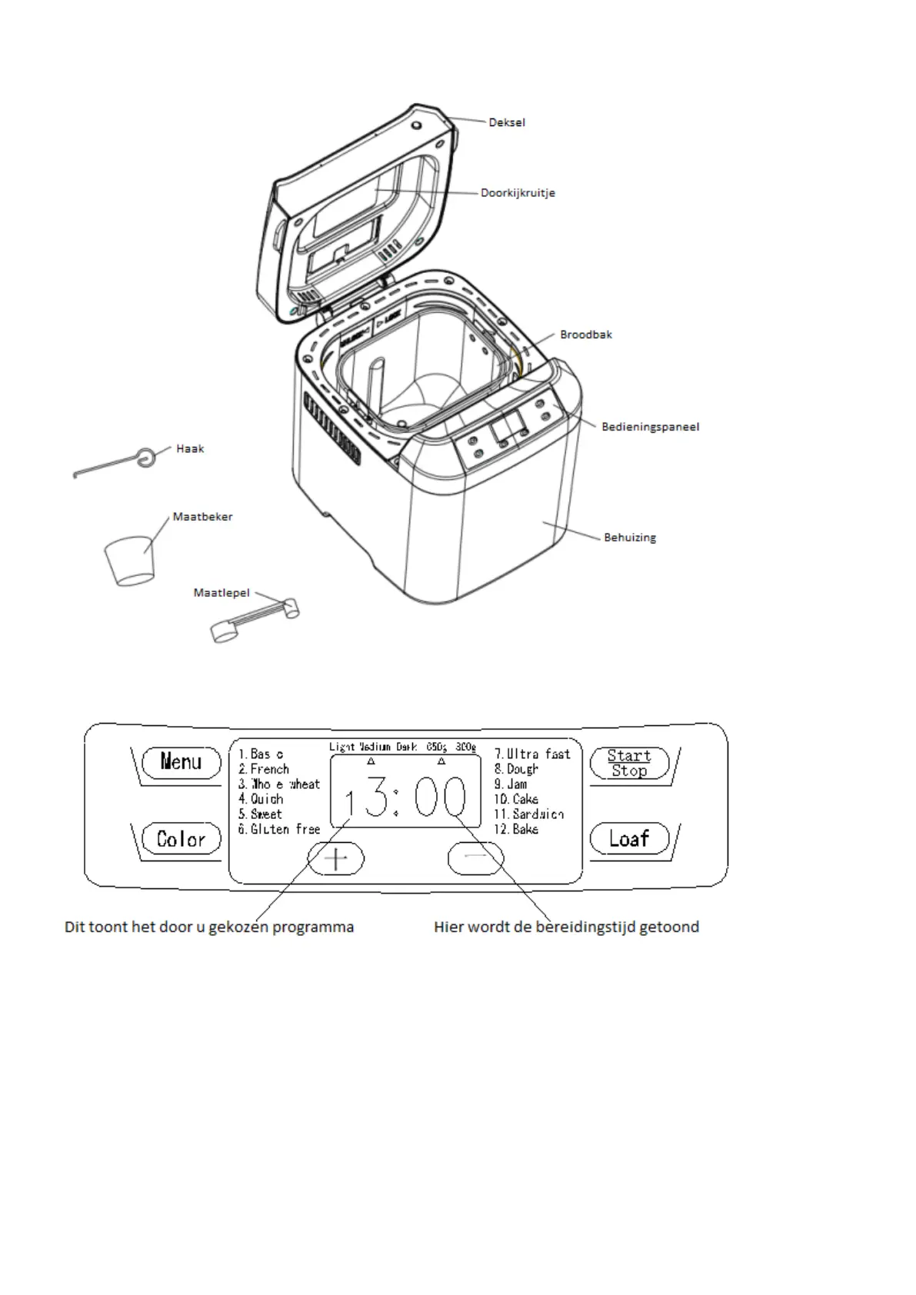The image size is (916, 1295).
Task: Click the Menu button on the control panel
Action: (x=181, y=762)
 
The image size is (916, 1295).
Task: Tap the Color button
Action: (x=181, y=838)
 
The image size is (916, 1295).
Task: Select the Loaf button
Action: (x=629, y=838)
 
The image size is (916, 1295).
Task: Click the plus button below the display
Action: (x=336, y=858)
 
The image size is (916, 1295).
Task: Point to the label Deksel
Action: (x=507, y=122)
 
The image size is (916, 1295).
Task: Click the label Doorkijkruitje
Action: (x=518, y=193)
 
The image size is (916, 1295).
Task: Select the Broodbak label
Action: (x=586, y=335)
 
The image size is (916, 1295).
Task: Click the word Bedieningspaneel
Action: (x=650, y=427)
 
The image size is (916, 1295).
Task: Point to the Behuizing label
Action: (x=630, y=538)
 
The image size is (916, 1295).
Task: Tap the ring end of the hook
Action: (x=144, y=457)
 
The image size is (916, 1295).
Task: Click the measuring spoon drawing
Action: (x=254, y=620)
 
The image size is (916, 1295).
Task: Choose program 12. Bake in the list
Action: (x=516, y=829)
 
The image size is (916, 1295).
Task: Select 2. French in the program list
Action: (x=264, y=769)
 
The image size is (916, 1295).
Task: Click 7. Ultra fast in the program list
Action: (x=532, y=754)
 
